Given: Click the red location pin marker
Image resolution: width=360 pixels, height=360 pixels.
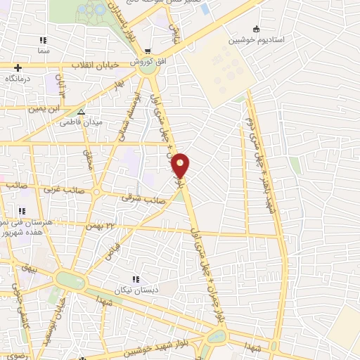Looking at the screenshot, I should click(x=181, y=165).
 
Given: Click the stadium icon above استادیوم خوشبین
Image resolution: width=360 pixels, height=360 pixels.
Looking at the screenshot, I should click(x=256, y=30).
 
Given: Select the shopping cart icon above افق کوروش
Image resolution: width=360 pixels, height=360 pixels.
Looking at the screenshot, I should click(x=148, y=51).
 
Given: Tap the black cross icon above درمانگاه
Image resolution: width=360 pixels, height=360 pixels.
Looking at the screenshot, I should click(x=18, y=67).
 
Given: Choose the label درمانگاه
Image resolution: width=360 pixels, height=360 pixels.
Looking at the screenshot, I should click(x=20, y=79).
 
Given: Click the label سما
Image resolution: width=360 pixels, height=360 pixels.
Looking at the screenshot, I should click(x=44, y=51).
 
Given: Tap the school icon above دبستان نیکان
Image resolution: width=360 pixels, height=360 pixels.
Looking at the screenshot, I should click(x=135, y=279).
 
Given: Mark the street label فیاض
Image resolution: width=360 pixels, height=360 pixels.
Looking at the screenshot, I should click(x=113, y=247).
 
